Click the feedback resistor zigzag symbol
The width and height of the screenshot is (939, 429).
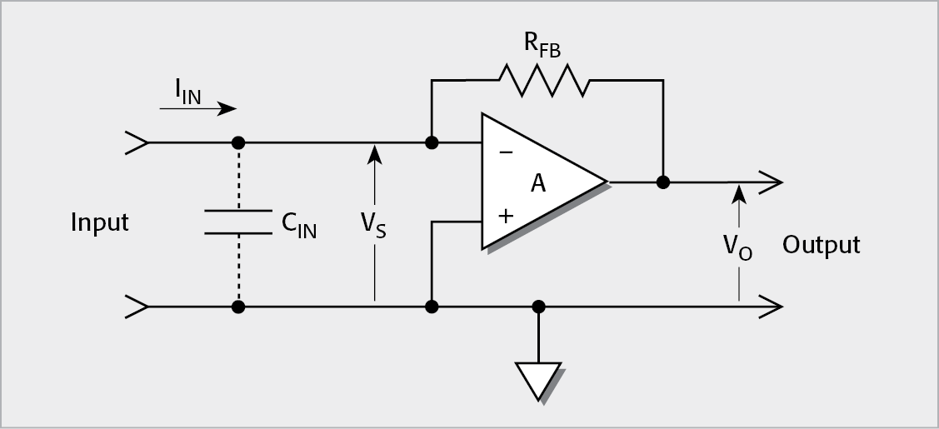(542, 81)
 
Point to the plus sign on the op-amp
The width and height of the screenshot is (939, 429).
(505, 216)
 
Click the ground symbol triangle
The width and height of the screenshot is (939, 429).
(538, 380)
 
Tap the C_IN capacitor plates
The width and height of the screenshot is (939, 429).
(238, 222)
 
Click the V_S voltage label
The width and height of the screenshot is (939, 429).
(373, 224)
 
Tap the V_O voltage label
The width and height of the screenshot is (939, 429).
(737, 247)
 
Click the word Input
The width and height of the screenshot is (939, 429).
(100, 223)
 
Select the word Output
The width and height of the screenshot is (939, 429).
(821, 245)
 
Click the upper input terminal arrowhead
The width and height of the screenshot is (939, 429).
(137, 142)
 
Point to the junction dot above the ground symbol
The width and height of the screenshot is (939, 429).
(539, 307)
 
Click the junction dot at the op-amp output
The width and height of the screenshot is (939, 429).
(663, 182)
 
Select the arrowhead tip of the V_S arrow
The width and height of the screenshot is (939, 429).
(374, 148)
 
